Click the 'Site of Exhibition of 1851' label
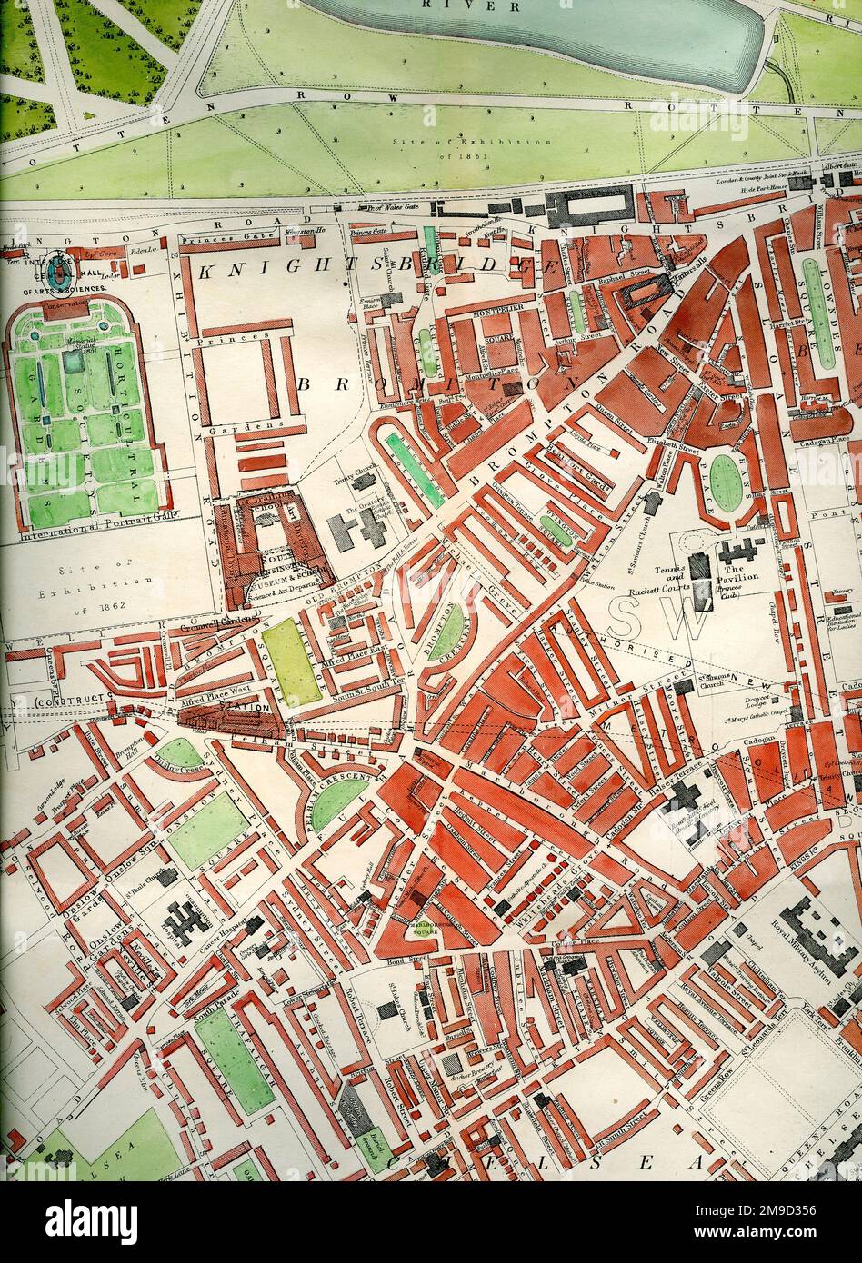point(472,149)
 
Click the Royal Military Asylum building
point(817,936)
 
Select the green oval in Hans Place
point(725,482)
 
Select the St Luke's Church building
point(387,1009)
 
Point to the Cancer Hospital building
point(254,926)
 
